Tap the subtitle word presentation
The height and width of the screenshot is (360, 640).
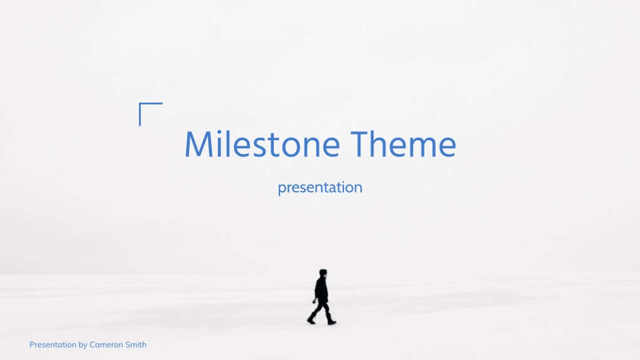coord(320,188)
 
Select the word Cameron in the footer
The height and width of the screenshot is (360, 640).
coord(106,344)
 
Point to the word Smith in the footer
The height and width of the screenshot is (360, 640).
coord(135,344)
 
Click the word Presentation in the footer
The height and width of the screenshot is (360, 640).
coord(53,344)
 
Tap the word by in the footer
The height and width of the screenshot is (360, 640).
coord(83,346)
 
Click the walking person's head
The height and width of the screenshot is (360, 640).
coord(323,273)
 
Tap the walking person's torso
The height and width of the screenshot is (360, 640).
coord(321,290)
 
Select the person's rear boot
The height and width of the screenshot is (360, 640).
coord(312,319)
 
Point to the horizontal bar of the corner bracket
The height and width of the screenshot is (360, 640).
coord(151,103)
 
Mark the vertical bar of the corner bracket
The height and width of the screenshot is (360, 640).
coord(140,115)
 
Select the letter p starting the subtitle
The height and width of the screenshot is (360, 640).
coord(282,189)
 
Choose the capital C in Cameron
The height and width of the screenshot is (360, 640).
coord(92,344)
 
